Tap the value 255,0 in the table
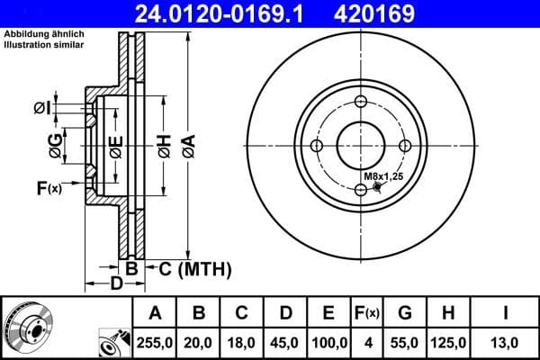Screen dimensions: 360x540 point(155,342)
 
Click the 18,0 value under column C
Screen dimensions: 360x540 point(241,342)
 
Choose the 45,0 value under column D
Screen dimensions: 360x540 point(285,342)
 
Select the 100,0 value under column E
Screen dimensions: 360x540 point(328,342)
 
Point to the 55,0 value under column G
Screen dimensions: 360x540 point(405,342)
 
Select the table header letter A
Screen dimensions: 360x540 point(155,313)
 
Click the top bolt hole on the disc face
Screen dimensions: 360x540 point(361,101)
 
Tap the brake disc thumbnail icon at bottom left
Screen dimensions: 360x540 point(27,328)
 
